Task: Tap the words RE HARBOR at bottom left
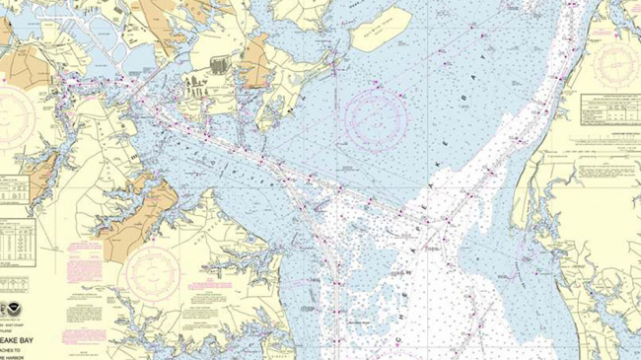(25, 344)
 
